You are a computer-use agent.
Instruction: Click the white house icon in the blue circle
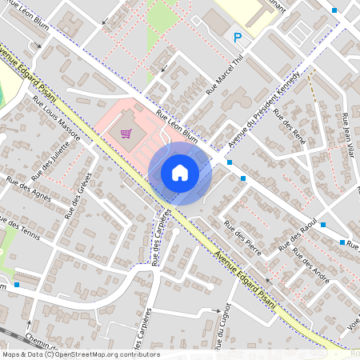(180, 173)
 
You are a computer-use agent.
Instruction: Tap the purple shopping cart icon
(126, 134)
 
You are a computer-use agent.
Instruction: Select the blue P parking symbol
(237, 38)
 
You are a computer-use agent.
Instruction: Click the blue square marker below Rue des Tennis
(17, 283)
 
